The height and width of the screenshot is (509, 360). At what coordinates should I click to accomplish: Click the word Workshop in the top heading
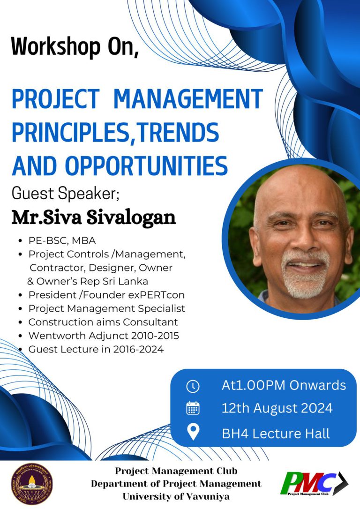(56, 47)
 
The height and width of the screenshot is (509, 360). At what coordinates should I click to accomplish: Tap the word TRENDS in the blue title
(177, 132)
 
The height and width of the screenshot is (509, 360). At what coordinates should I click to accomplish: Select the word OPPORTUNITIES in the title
(147, 165)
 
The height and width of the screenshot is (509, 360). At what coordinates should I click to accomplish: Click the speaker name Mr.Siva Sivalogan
(94, 217)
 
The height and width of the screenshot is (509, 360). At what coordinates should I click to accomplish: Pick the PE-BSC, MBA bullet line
(62, 240)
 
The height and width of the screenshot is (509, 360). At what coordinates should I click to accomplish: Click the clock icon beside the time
(193, 386)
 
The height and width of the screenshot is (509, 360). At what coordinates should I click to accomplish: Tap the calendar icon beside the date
(193, 408)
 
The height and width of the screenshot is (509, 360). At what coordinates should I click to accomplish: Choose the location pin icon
(193, 433)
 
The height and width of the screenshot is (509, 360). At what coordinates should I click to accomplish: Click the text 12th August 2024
(277, 408)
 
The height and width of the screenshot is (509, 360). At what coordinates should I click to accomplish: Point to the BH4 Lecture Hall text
(276, 434)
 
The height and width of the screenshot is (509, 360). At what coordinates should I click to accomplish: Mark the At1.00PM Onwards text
(284, 385)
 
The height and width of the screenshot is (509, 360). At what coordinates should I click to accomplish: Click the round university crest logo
(32, 484)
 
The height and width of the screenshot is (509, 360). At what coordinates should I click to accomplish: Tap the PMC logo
(314, 483)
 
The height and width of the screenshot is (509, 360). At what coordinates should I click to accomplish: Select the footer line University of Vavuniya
(176, 497)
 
